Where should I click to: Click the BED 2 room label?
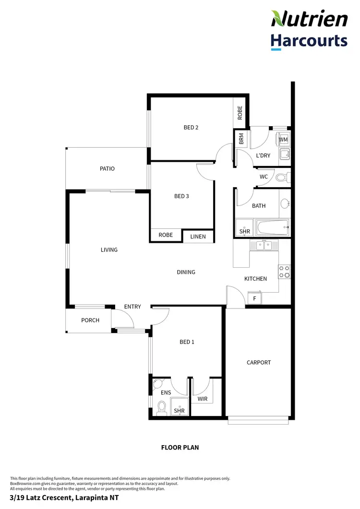coord(191,128)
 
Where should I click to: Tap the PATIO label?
coord(107,169)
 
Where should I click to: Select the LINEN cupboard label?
coord(198,237)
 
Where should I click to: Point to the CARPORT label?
coord(259,363)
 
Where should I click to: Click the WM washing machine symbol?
coord(283,140)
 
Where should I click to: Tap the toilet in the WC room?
coord(283,178)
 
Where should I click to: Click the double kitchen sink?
coord(264,246)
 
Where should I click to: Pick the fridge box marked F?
coord(254,298)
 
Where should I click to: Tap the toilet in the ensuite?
coord(162,408)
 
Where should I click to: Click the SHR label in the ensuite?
coord(180,411)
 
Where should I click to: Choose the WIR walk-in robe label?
coord(202,399)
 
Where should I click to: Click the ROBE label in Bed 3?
coord(166,236)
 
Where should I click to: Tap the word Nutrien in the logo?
coord(309,19)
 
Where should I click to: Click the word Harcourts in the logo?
coord(309,40)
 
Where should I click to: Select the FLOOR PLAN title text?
coord(180,448)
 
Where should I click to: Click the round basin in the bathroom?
coord(284,203)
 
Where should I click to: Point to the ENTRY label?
coord(132,307)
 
